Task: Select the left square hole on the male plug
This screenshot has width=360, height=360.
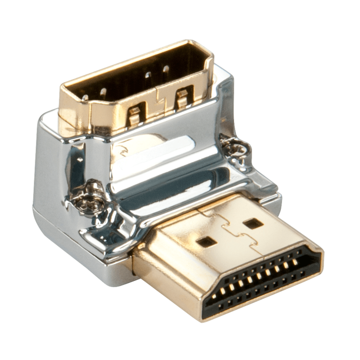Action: (207, 241)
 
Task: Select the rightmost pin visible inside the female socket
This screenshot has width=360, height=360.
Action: (166, 68)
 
